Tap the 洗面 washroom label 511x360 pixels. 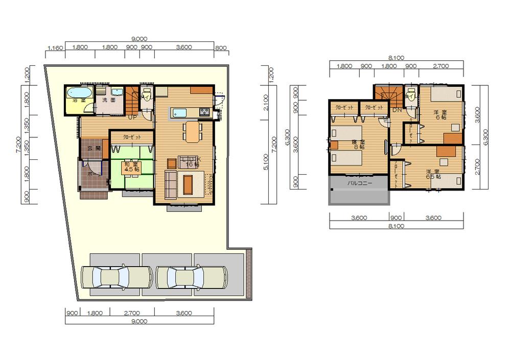tap(109, 100)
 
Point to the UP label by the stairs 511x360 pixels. tap(131, 117)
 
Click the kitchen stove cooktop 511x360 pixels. tap(204, 113)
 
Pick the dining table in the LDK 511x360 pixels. tap(192, 132)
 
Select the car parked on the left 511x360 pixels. tap(117, 278)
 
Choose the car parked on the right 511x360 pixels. tap(192, 278)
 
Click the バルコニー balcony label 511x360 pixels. tap(360, 182)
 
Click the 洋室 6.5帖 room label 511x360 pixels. tap(432, 174)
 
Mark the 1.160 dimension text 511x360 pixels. tap(55, 48)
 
